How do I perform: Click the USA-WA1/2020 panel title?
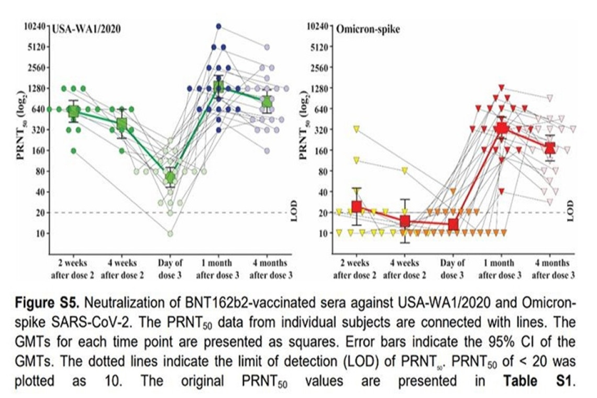point(86,29)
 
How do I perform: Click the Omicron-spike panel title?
point(368,29)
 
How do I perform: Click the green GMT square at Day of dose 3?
point(170,178)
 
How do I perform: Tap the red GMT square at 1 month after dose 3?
point(502,128)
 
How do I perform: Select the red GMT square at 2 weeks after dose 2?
point(357,206)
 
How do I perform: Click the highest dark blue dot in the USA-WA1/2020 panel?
point(218,26)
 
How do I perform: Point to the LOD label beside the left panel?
point(294,209)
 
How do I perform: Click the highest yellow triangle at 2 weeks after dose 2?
point(357,129)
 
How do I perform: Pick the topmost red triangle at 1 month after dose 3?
point(502,88)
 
